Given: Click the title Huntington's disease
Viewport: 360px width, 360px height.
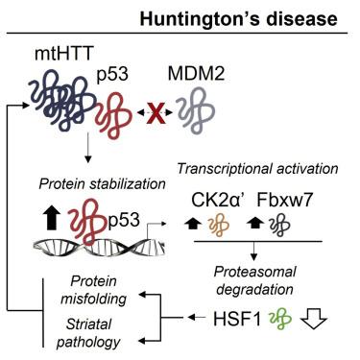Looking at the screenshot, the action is [x=238, y=18].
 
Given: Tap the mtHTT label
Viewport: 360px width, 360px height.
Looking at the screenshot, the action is [x=63, y=54].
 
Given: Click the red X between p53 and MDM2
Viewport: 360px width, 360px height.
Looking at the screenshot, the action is [x=156, y=113].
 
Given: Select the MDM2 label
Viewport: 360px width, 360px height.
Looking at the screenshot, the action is [x=196, y=73].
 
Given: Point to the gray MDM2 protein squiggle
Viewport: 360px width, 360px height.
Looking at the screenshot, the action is [x=196, y=110].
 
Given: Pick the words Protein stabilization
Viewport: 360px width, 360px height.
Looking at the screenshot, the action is [x=103, y=184].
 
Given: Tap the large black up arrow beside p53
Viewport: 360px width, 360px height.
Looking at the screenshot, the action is [x=52, y=217].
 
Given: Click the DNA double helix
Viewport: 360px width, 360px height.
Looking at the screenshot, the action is [x=99, y=248].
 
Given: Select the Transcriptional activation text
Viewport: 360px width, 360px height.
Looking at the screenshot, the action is [x=257, y=168].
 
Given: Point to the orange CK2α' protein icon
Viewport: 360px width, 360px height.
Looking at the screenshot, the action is [x=219, y=226].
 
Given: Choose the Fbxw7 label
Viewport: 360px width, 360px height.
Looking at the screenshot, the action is [x=285, y=200].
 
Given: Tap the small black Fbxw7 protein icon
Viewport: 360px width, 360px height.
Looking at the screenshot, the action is [x=279, y=226].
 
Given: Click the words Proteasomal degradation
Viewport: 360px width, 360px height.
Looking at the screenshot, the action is [x=254, y=280].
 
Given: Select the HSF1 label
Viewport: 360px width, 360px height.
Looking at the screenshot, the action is [x=237, y=319].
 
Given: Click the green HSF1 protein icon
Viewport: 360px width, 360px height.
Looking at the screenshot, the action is [x=280, y=319].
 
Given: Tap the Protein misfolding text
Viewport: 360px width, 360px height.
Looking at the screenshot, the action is [x=94, y=290].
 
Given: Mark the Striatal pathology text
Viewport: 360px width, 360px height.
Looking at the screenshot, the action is [x=88, y=333].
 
